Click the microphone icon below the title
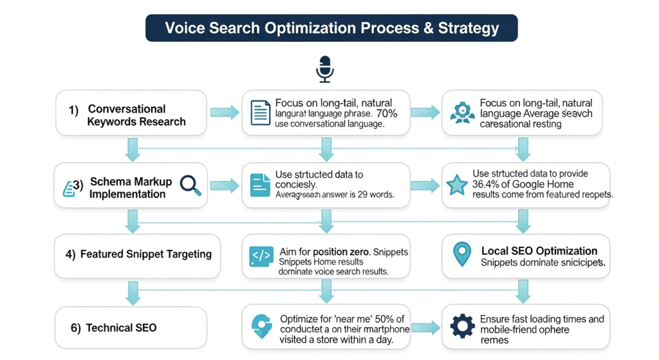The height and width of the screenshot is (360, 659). click(325, 69)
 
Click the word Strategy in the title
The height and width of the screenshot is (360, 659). click(469, 28)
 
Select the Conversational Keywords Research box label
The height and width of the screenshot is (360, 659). click(136, 115)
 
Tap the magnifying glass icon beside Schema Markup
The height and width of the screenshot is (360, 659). click(190, 184)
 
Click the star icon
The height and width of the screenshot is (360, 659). click(456, 185)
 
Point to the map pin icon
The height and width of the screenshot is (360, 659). click(462, 254)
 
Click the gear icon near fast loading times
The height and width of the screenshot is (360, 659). click(462, 327)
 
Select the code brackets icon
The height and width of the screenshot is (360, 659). click(261, 256)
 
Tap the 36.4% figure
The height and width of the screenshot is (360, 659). click(487, 184)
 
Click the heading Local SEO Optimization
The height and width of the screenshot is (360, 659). click(539, 251)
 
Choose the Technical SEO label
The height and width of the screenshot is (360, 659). click(121, 328)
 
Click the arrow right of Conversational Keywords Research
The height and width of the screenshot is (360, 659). click(224, 113)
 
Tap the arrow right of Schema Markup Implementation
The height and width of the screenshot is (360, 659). click(224, 185)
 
